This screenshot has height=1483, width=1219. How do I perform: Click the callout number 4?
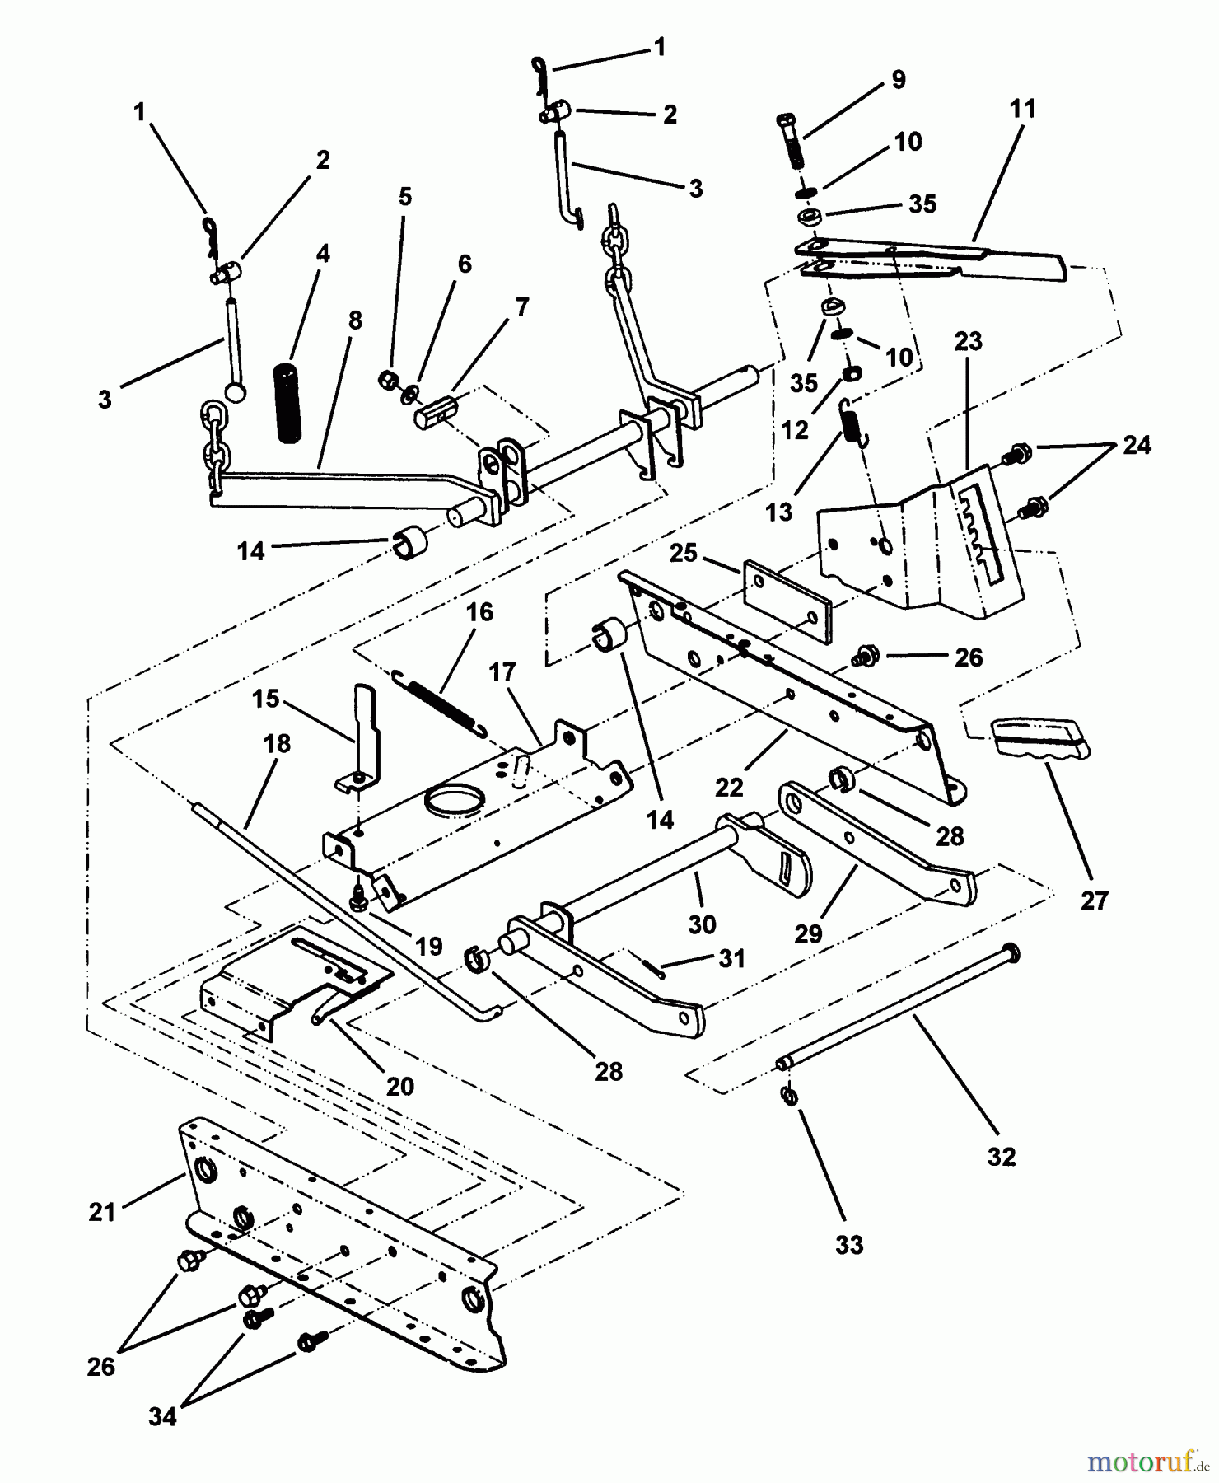(x=322, y=254)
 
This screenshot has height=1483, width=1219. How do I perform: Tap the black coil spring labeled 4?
(x=287, y=401)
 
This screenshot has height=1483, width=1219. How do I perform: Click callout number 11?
(x=1022, y=109)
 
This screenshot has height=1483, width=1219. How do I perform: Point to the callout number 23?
(x=969, y=341)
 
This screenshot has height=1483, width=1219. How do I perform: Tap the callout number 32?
(x=1002, y=1157)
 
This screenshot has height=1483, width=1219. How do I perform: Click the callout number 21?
(x=102, y=1212)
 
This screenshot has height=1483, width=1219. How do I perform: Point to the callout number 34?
(x=162, y=1417)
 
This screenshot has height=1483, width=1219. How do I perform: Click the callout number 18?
(x=277, y=744)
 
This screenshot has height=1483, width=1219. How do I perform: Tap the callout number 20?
(x=400, y=1086)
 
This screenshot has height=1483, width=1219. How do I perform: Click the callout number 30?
(x=702, y=924)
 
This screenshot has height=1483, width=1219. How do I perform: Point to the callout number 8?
(x=355, y=320)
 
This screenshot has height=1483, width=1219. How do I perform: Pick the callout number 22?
(x=730, y=788)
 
